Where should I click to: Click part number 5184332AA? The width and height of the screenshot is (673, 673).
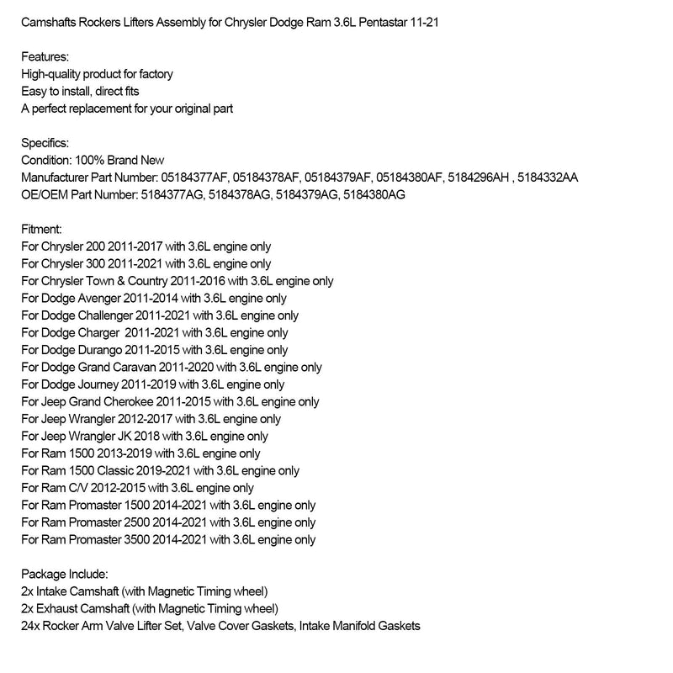point(548,178)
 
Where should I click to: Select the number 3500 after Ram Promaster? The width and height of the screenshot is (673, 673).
point(140,539)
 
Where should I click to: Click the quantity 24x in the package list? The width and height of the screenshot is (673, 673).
point(30,626)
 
